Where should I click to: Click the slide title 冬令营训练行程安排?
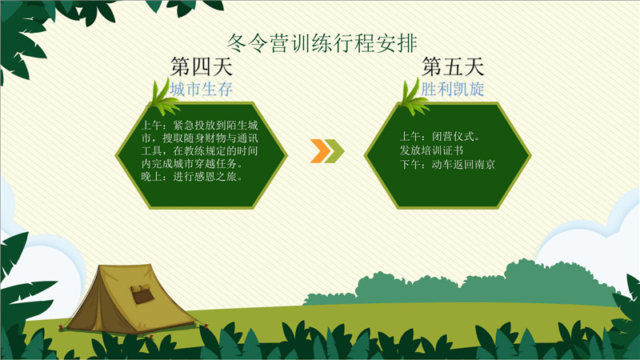[322, 43]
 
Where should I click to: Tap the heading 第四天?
[202, 67]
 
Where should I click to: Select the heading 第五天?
[453, 67]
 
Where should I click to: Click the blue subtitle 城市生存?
[202, 89]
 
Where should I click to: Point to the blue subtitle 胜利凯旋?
[453, 89]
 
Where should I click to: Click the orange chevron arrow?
[321, 151]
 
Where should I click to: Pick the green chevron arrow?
[334, 151]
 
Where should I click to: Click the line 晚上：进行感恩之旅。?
[193, 177]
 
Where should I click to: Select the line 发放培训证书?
[431, 150]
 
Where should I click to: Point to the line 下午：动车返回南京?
[447, 165]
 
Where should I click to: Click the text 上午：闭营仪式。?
[441, 136]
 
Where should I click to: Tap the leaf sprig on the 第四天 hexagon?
[164, 98]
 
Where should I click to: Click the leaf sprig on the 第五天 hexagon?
[414, 98]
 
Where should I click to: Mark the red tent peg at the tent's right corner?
[206, 326]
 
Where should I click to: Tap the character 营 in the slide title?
[279, 43]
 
